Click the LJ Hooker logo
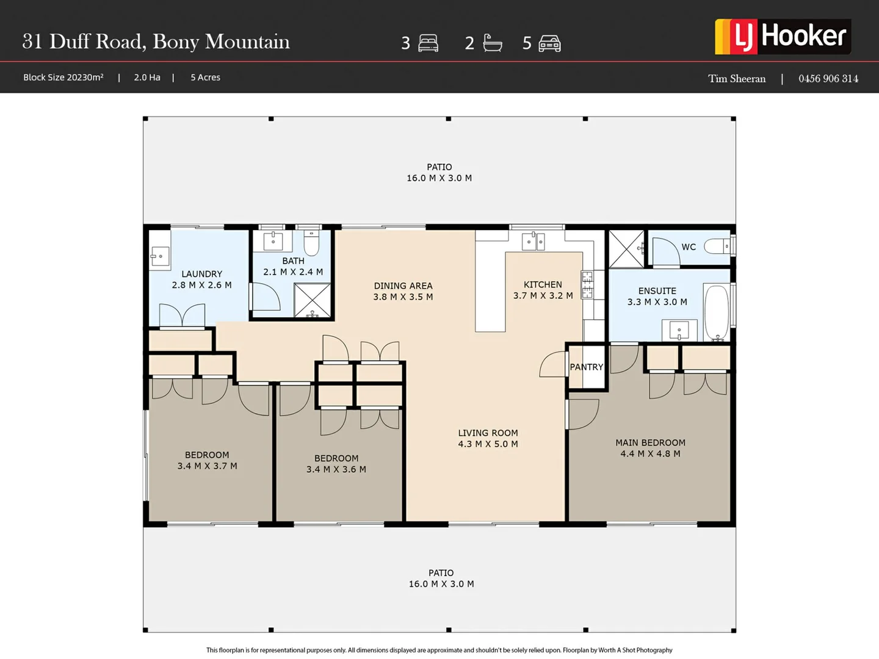tap(783, 37)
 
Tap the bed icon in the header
tap(428, 43)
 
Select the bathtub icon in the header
tap(493, 43)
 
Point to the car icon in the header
tap(549, 43)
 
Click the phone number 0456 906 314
tap(828, 79)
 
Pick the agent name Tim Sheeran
tap(736, 79)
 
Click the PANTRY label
tap(586, 367)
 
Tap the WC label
tap(689, 247)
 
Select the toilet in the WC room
tap(717, 246)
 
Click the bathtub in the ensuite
tap(717, 312)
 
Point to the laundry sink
tap(160, 256)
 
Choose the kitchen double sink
tap(533, 242)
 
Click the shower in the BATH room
tap(313, 300)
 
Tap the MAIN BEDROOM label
tap(650, 442)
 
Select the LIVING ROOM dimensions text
tap(488, 444)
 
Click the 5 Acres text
tap(206, 77)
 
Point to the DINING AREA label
tap(403, 286)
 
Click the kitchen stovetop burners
tap(587, 284)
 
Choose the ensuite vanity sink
tap(679, 331)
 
